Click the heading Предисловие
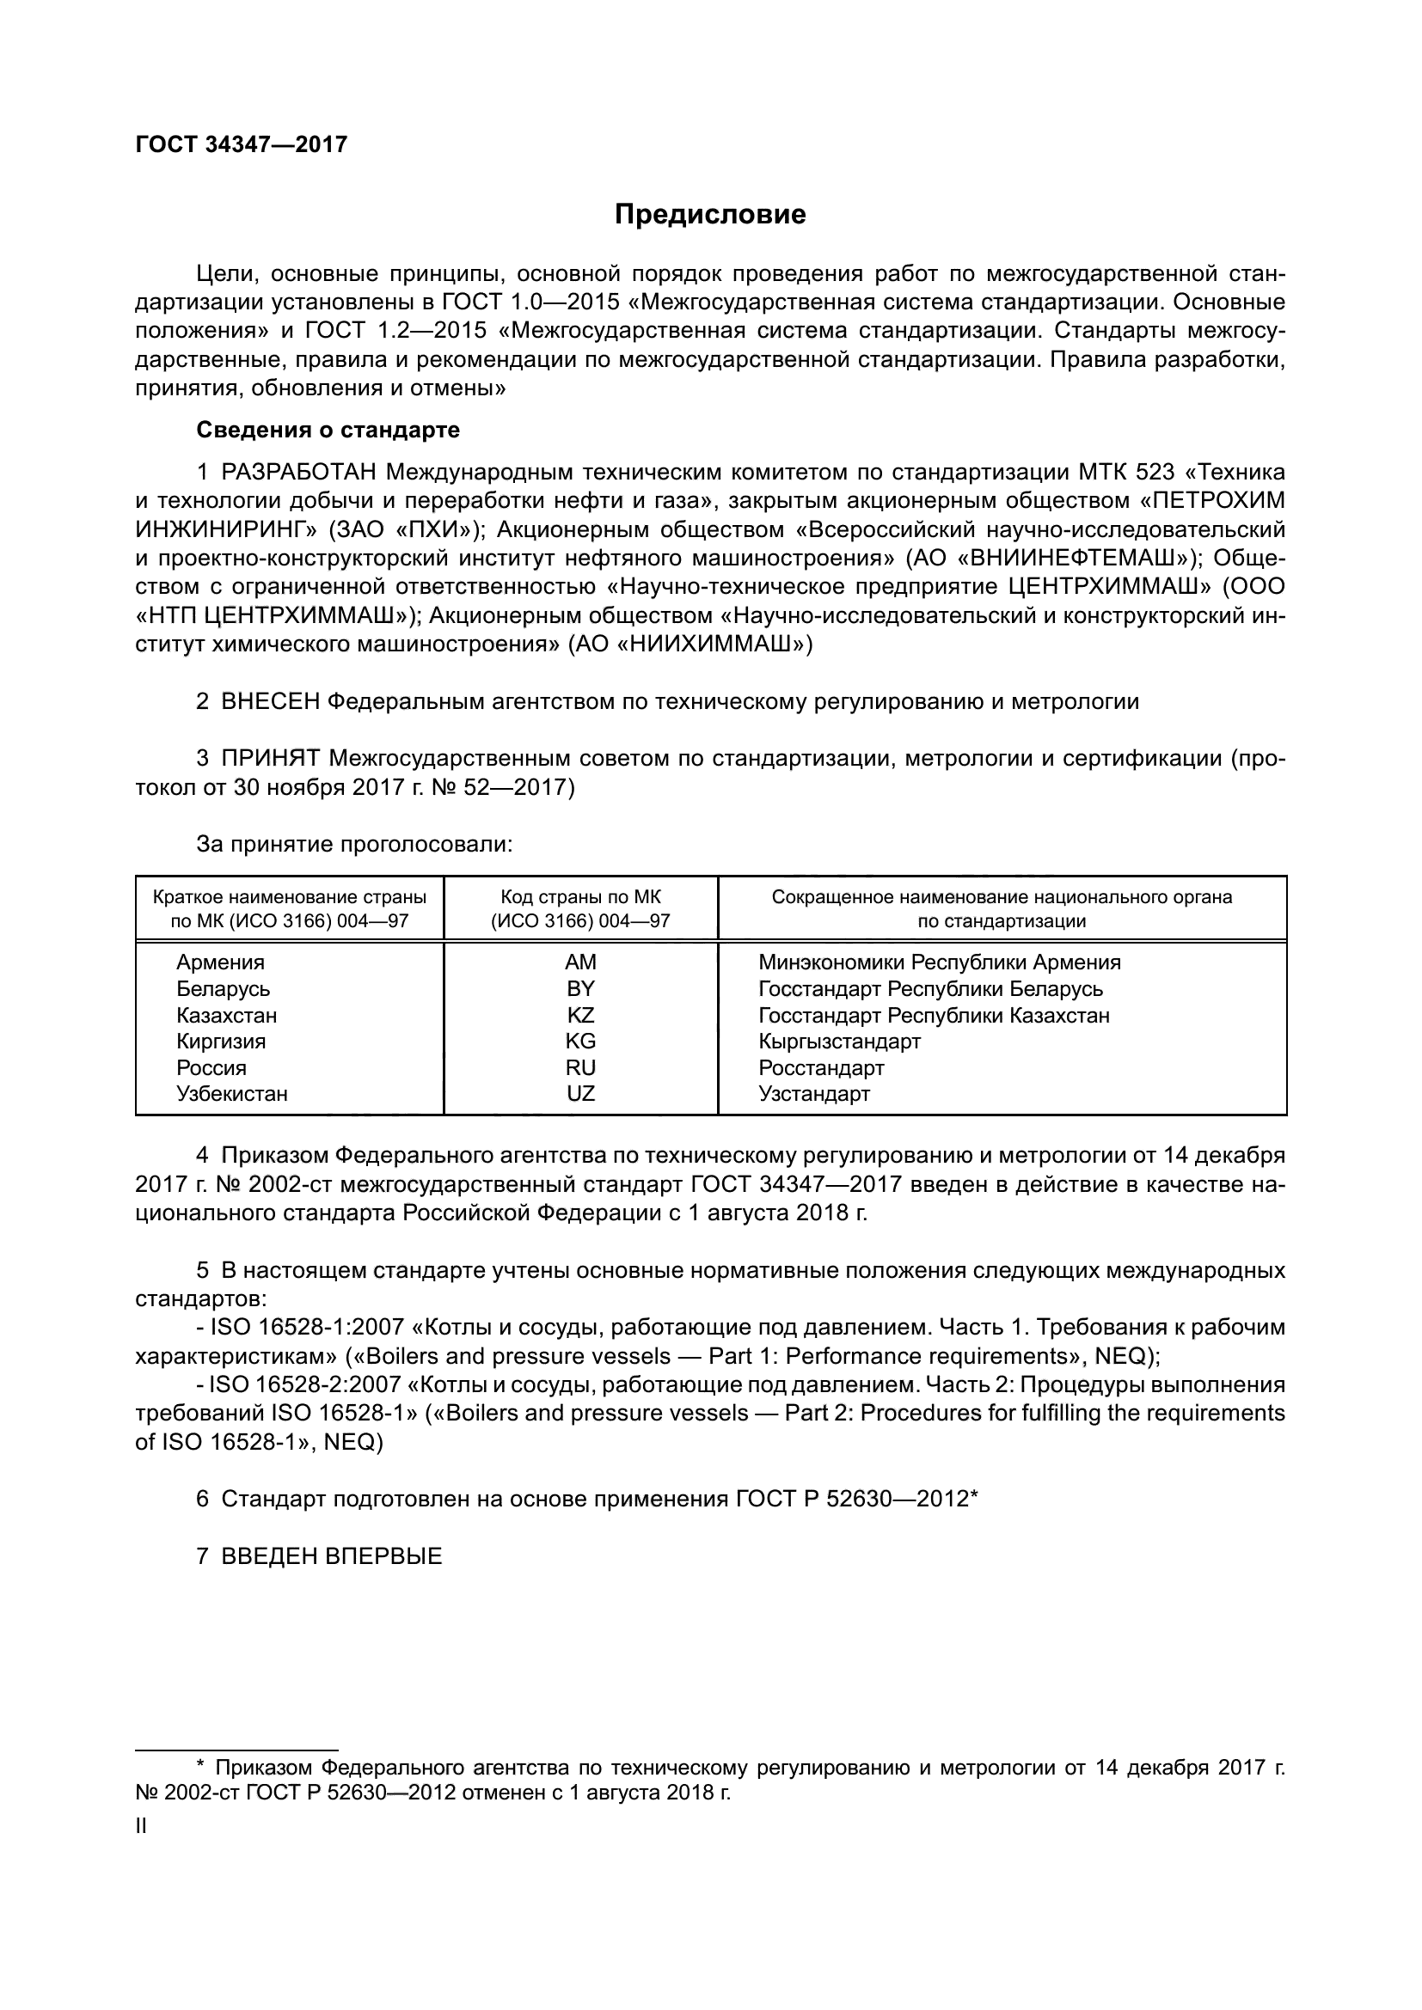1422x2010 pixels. pos(709,215)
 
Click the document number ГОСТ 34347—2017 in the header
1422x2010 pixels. pos(242,144)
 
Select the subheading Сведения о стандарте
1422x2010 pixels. pos(328,430)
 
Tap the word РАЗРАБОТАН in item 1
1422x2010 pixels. pos(298,473)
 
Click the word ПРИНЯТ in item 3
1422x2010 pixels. pos(271,758)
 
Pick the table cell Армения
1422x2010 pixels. pos(220,962)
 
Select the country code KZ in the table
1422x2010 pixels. pos(579,1016)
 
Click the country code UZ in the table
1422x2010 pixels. pos(579,1093)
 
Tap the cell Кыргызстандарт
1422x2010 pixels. pos(839,1041)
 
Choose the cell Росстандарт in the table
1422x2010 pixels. pos(820,1068)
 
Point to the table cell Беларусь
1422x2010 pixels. pos(223,988)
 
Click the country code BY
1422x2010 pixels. pos(579,988)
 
